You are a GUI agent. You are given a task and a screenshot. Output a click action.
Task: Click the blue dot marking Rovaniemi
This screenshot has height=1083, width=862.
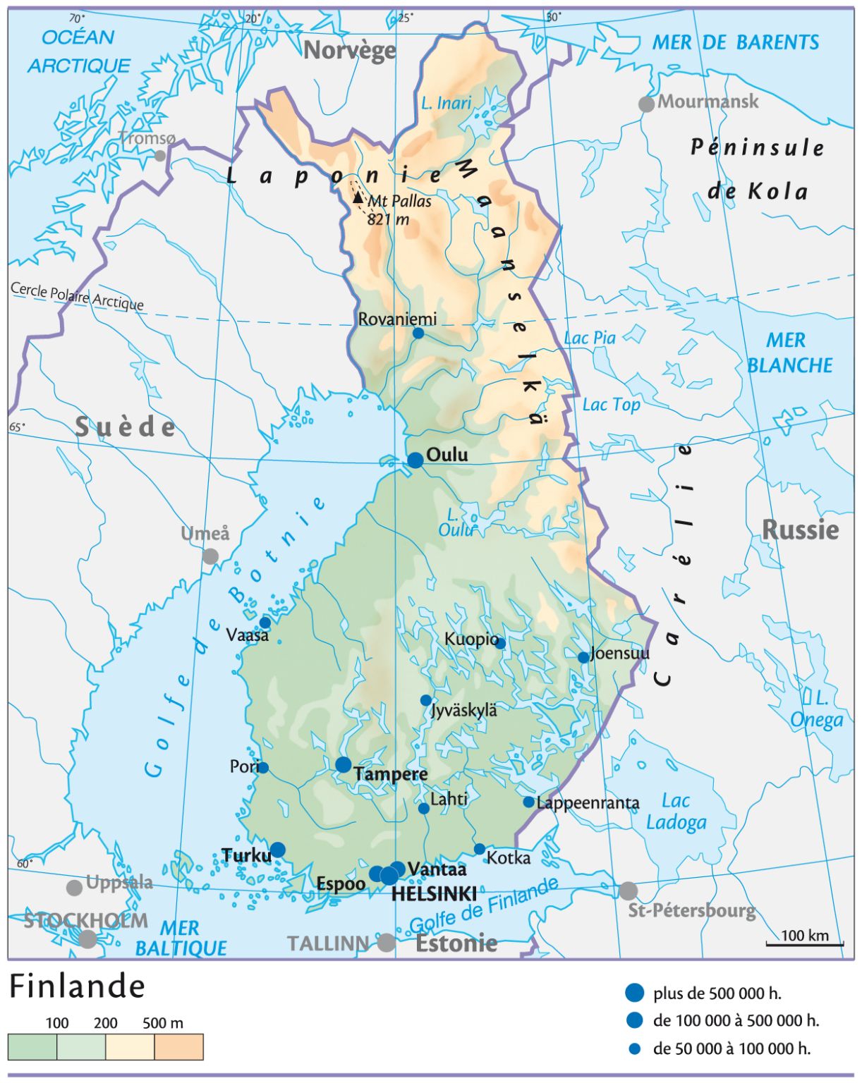(x=418, y=333)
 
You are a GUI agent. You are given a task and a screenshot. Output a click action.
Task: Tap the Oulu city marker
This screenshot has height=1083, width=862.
(x=415, y=460)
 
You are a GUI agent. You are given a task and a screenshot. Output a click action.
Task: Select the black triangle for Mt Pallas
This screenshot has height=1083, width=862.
(x=358, y=197)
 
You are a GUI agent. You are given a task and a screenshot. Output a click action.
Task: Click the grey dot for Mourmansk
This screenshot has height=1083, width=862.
(x=646, y=104)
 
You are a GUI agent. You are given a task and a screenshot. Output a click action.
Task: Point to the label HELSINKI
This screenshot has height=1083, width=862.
(x=434, y=894)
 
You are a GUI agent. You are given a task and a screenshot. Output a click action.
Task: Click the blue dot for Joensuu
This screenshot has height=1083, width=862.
(x=583, y=657)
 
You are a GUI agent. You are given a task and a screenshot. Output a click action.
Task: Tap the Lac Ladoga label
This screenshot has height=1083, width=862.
(x=676, y=812)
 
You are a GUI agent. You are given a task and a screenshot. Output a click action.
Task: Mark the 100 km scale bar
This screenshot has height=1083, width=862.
(x=804, y=943)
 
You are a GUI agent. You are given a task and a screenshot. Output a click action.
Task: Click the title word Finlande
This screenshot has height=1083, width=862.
(x=77, y=986)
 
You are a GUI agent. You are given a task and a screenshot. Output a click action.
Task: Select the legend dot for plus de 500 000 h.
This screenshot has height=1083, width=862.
(x=635, y=993)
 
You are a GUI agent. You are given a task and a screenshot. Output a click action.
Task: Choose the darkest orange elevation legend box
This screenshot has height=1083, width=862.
(x=178, y=1047)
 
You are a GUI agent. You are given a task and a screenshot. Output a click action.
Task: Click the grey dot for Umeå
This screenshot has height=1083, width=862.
(x=210, y=556)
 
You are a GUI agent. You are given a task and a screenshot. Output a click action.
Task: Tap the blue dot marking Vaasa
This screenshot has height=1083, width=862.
(x=265, y=623)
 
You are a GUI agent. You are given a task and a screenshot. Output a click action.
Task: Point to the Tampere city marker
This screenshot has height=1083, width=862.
(x=344, y=765)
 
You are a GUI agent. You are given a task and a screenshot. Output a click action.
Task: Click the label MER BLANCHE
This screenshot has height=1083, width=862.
(x=789, y=353)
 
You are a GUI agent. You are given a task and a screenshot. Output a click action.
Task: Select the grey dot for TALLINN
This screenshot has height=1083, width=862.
(x=386, y=943)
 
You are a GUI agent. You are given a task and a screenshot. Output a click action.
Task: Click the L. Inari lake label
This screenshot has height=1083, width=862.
(x=446, y=103)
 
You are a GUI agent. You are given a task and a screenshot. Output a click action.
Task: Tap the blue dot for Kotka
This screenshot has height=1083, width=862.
(x=480, y=849)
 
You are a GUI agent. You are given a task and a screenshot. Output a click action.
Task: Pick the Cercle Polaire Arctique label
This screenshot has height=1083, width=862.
(x=77, y=296)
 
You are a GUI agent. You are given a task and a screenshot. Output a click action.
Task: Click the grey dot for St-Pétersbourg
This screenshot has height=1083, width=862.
(x=628, y=891)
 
